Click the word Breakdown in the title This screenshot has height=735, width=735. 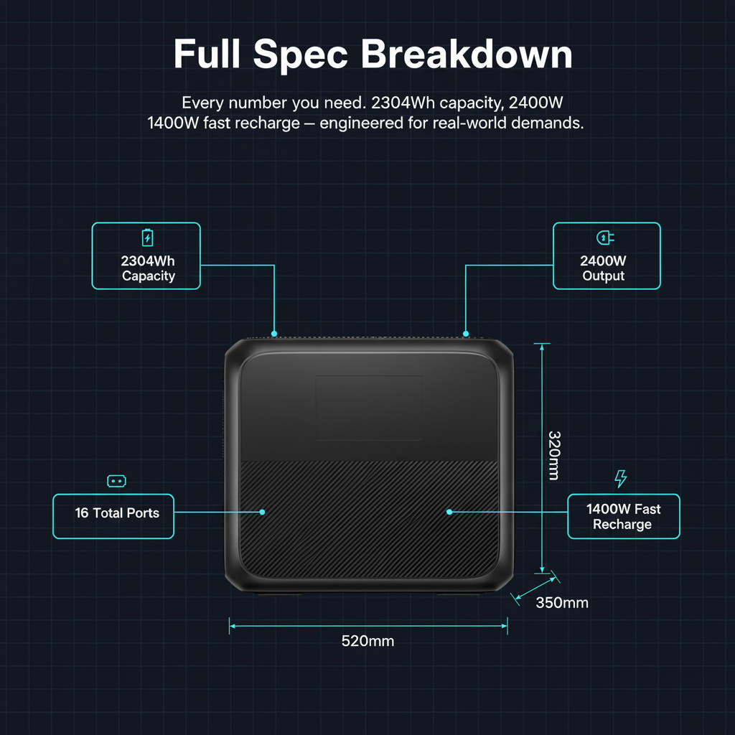tap(467, 54)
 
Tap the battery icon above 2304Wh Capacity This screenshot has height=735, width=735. tap(147, 238)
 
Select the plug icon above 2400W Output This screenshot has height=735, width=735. tap(605, 238)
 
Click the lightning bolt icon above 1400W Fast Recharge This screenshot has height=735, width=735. tap(621, 479)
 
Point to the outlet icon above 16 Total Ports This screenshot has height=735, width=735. tap(116, 481)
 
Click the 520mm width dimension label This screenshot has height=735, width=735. tap(367, 641)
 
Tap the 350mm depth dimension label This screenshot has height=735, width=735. tap(562, 602)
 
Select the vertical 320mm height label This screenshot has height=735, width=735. tap(554, 456)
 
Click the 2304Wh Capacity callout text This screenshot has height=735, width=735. tap(148, 268)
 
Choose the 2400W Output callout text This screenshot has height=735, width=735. tap(603, 268)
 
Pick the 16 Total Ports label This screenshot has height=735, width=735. tap(117, 512)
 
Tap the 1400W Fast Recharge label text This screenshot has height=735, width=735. tap(623, 517)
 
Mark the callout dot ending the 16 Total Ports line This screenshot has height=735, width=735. tap(262, 512)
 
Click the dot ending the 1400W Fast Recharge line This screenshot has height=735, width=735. tap(449, 512)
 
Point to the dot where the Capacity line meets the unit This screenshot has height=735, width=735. tap(274, 334)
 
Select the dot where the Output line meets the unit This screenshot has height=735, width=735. tap(465, 334)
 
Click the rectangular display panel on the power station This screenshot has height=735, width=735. tap(369, 408)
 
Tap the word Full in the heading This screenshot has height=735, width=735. tap(207, 54)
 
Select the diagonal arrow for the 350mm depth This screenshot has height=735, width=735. tap(535, 589)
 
